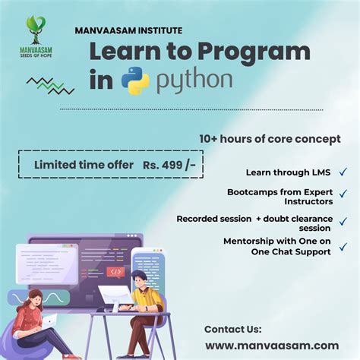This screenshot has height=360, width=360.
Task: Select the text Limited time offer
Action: click(81, 164)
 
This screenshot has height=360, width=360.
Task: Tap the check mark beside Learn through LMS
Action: click(343, 172)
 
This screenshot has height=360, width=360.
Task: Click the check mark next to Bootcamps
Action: click(343, 197)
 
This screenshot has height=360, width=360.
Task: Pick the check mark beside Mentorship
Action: click(343, 246)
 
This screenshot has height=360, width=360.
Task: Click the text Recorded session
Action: click(214, 219)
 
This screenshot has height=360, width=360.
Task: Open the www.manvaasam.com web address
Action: click(271, 346)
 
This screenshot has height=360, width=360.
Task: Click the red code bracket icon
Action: click(115, 271)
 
